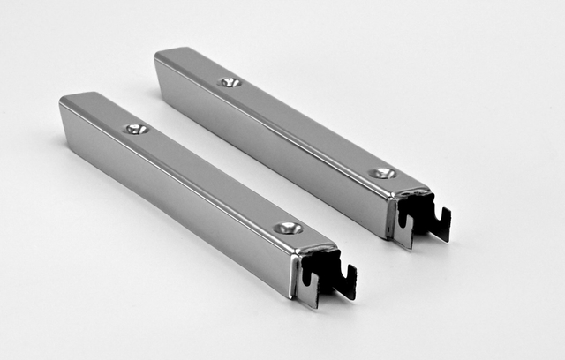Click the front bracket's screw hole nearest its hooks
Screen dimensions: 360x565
tap(288, 228)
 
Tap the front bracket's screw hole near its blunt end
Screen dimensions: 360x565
tap(135, 129)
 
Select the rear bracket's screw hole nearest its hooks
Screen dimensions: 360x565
tap(382, 173)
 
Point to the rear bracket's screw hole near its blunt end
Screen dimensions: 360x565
tap(230, 82)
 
